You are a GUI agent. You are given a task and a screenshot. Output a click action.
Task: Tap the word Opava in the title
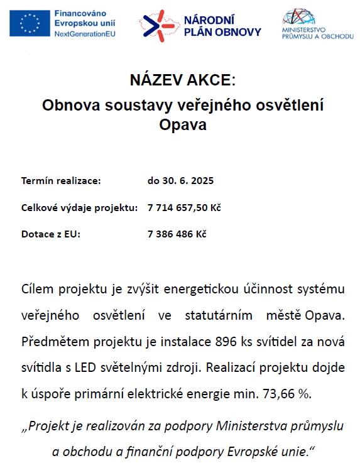[x=183, y=124]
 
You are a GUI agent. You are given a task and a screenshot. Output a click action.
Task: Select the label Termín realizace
[x=61, y=181]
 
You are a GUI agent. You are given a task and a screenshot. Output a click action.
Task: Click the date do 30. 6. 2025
[x=181, y=181]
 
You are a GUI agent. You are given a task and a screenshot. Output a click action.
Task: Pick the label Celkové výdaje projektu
[x=79, y=208]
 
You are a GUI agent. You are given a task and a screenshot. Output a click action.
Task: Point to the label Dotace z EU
[x=51, y=234]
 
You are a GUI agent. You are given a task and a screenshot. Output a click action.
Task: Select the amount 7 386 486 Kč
[x=177, y=234]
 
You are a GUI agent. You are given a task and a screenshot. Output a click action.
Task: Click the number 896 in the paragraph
[x=226, y=343]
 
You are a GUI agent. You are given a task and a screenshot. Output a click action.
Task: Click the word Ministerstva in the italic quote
[x=250, y=426]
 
